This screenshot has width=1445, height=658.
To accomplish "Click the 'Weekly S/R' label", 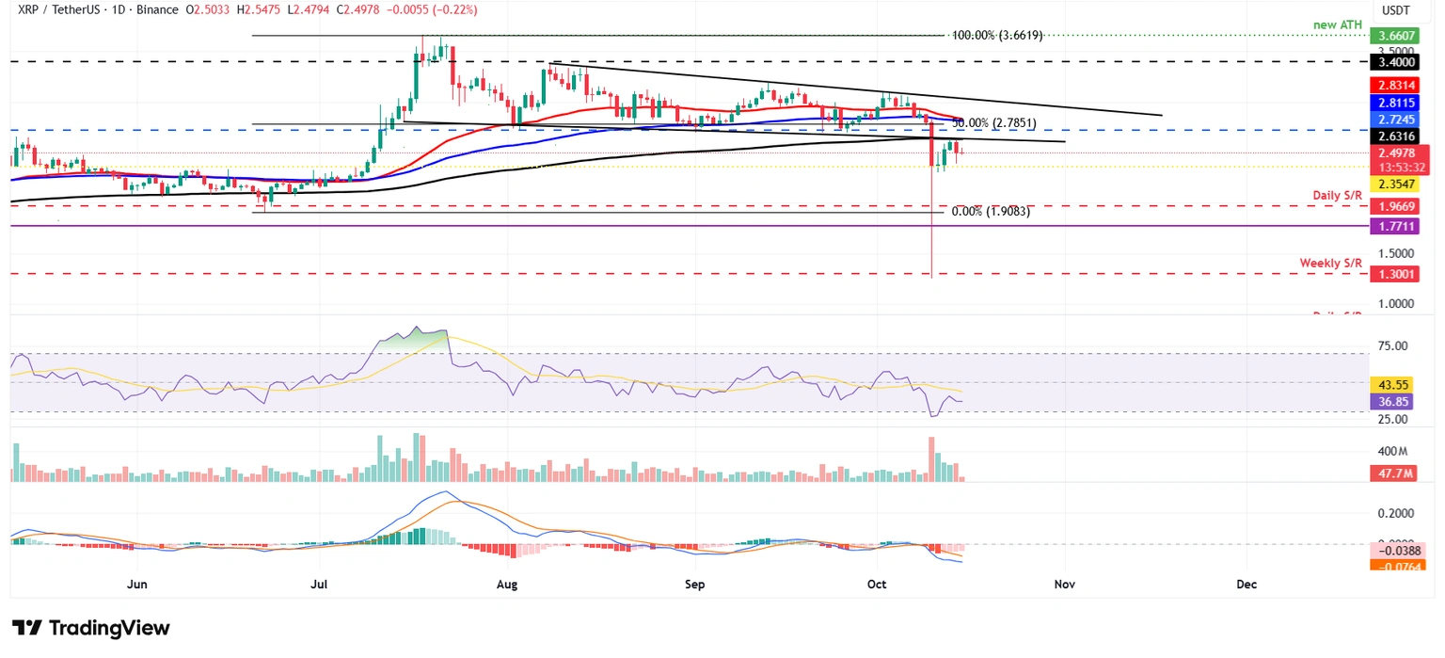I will [x=1330, y=263].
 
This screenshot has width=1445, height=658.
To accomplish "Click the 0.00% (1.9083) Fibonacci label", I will [x=991, y=212].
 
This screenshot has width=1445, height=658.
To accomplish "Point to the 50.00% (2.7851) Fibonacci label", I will [x=992, y=123].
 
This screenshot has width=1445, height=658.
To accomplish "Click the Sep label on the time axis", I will [x=694, y=585].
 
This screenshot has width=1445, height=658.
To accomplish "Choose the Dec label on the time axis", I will [x=1247, y=585].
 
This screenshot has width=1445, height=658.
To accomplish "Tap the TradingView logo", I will [x=90, y=628].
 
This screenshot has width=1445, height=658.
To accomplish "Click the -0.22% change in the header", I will [x=454, y=10].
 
